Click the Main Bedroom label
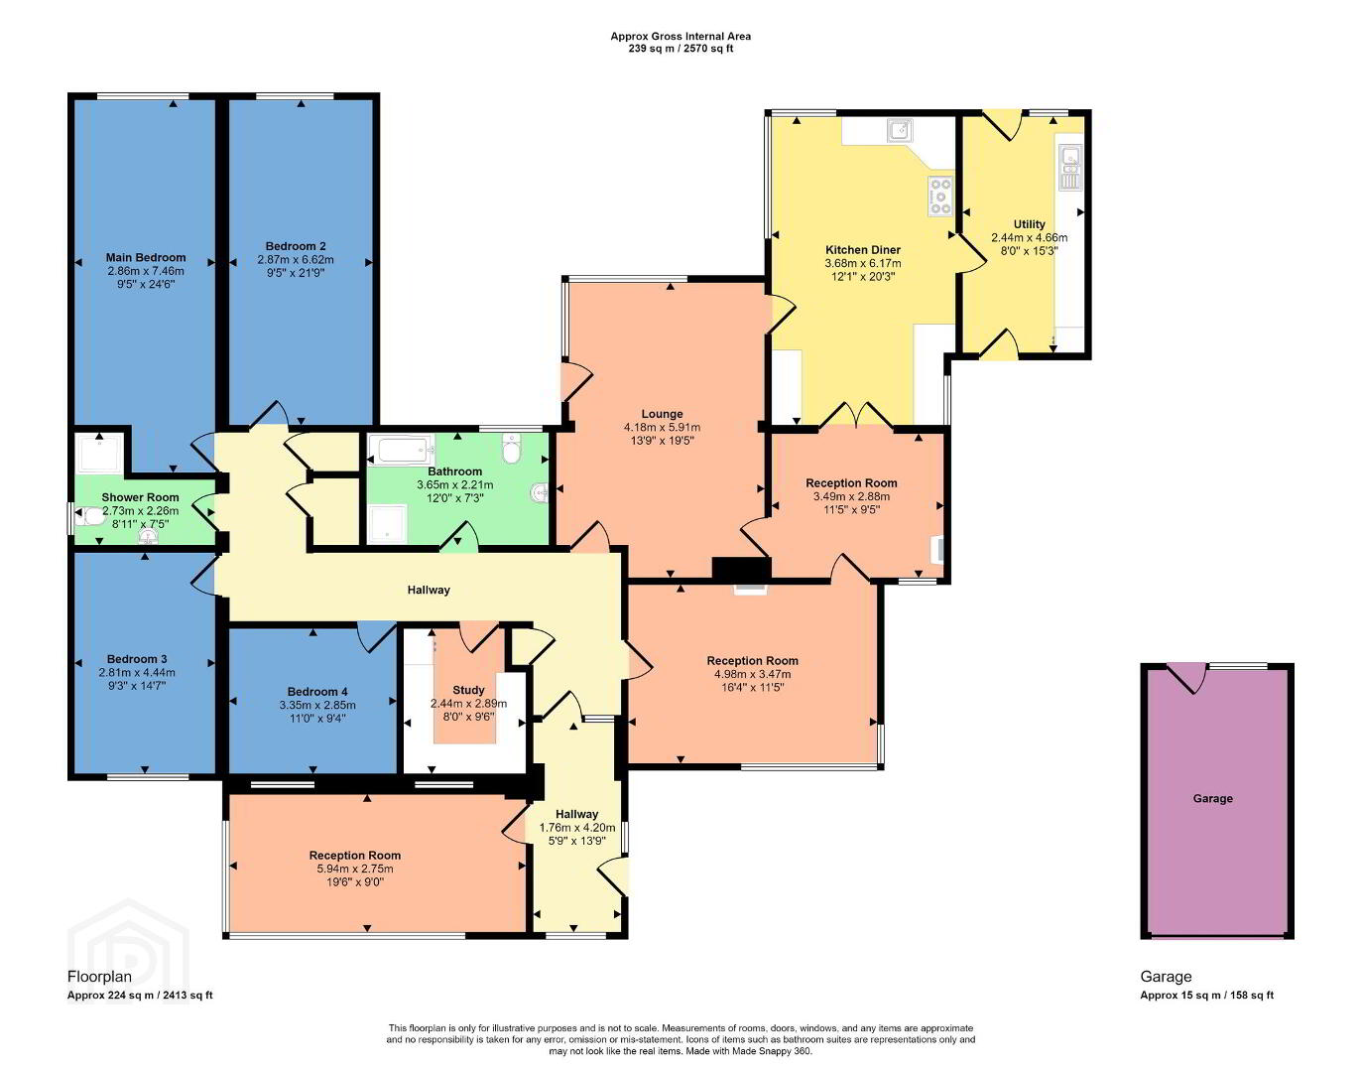tap(146, 257)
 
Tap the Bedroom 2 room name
tap(296, 246)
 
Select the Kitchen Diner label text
tap(863, 249)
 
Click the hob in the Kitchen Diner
tap(940, 196)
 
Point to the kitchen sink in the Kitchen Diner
tap(900, 130)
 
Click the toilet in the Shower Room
tap(89, 517)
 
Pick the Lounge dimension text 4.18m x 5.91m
tap(662, 428)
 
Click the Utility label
tap(1029, 224)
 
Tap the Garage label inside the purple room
tap(1212, 798)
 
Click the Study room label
tap(468, 690)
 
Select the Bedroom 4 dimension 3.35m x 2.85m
tap(317, 705)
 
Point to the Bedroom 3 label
tap(137, 659)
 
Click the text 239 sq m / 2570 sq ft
tap(681, 48)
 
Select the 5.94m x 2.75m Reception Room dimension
tap(354, 869)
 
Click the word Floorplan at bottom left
tap(99, 976)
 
